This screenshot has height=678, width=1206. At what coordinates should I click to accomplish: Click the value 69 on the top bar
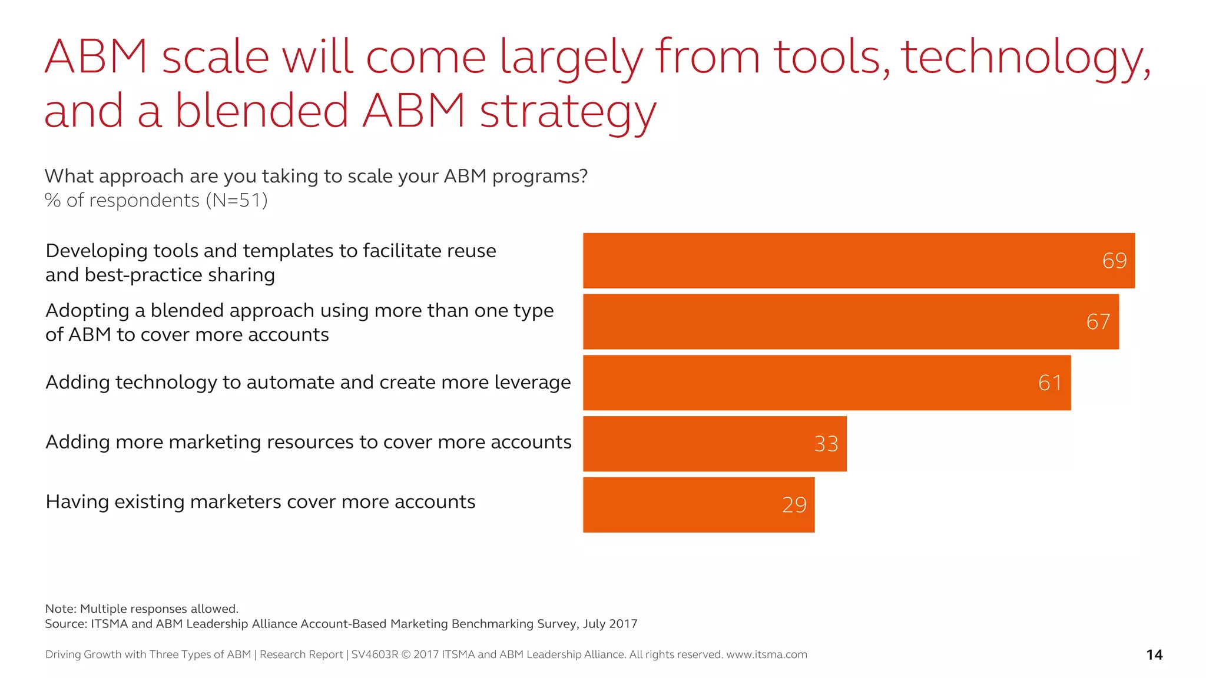pyautogui.click(x=1114, y=261)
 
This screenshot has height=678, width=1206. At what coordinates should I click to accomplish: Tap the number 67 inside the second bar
pyautogui.click(x=1098, y=322)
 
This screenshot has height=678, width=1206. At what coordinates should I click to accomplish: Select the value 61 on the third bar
pyautogui.click(x=1050, y=383)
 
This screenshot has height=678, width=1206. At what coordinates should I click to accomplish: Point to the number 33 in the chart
pyautogui.click(x=826, y=444)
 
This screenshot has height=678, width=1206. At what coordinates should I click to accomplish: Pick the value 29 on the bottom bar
pyautogui.click(x=794, y=505)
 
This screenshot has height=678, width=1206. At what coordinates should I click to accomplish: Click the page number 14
pyautogui.click(x=1154, y=655)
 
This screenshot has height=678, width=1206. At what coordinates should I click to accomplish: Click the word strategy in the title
pyautogui.click(x=568, y=112)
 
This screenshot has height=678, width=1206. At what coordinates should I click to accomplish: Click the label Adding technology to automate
pyautogui.click(x=307, y=383)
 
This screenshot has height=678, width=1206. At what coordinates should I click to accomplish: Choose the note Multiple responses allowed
pyautogui.click(x=158, y=609)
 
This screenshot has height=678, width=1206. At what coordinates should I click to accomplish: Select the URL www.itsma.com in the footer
pyautogui.click(x=766, y=654)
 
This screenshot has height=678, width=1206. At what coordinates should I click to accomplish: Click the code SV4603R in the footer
pyautogui.click(x=375, y=654)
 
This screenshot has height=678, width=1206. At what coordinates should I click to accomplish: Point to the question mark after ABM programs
pyautogui.click(x=584, y=176)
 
